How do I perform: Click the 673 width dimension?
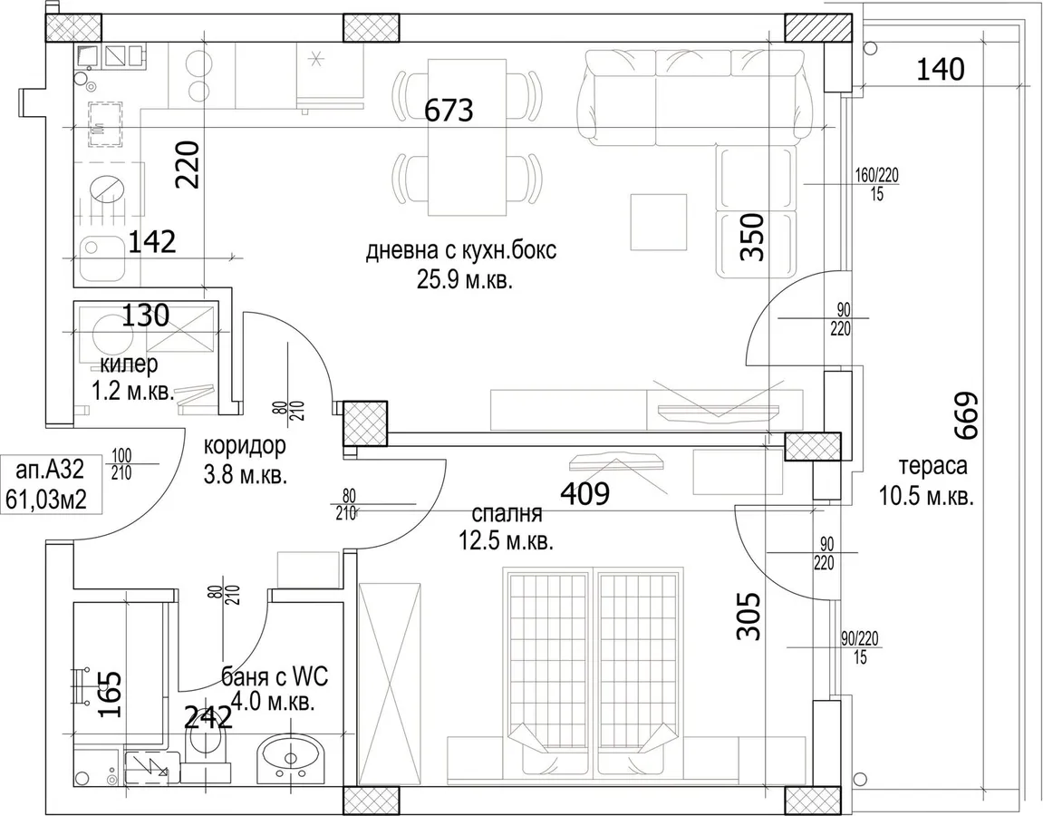449,110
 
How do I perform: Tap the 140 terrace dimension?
940,69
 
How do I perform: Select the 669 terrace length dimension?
967,416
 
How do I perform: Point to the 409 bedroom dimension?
585,493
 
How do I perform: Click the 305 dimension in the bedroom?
749,617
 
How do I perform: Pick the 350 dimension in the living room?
752,237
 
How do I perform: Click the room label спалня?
507,514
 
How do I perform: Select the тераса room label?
933,466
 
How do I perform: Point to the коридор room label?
244,445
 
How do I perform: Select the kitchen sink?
102,259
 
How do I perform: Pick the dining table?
466,137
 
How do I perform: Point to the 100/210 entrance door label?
121,464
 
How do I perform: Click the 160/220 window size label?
876,184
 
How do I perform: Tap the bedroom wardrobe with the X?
389,685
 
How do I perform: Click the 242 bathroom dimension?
208,717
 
